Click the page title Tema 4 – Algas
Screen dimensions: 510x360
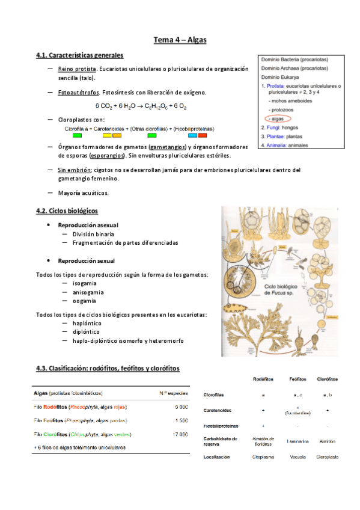click(x=180, y=40)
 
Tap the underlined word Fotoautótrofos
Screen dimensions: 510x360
click(x=78, y=93)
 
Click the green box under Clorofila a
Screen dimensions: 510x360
click(x=77, y=135)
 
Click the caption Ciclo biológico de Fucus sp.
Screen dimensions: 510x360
click(x=282, y=292)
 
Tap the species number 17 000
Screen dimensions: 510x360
click(x=177, y=434)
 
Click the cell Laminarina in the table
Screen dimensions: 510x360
click(x=297, y=441)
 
